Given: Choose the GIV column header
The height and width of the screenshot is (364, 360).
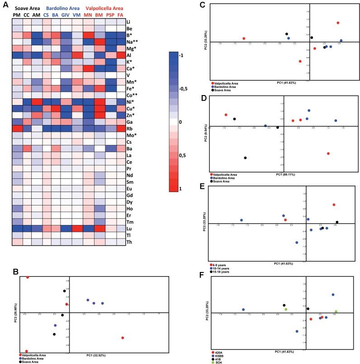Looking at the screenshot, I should tap(67, 15).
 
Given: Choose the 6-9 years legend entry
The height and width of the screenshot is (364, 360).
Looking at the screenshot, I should tap(220, 264).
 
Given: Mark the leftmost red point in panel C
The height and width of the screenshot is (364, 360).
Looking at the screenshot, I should tap(243, 38).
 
